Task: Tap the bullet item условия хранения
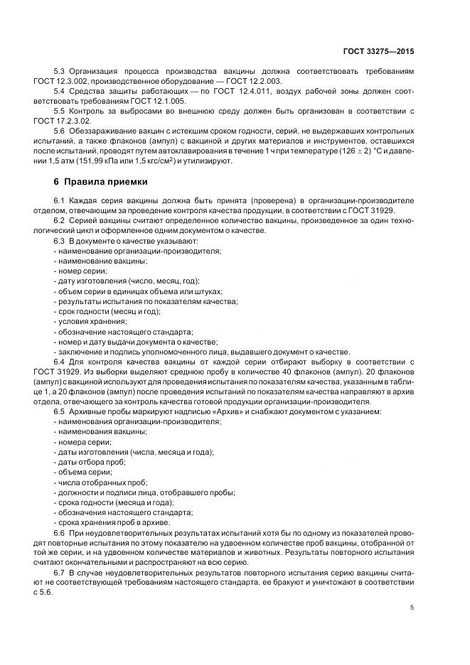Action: pos(88,321)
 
